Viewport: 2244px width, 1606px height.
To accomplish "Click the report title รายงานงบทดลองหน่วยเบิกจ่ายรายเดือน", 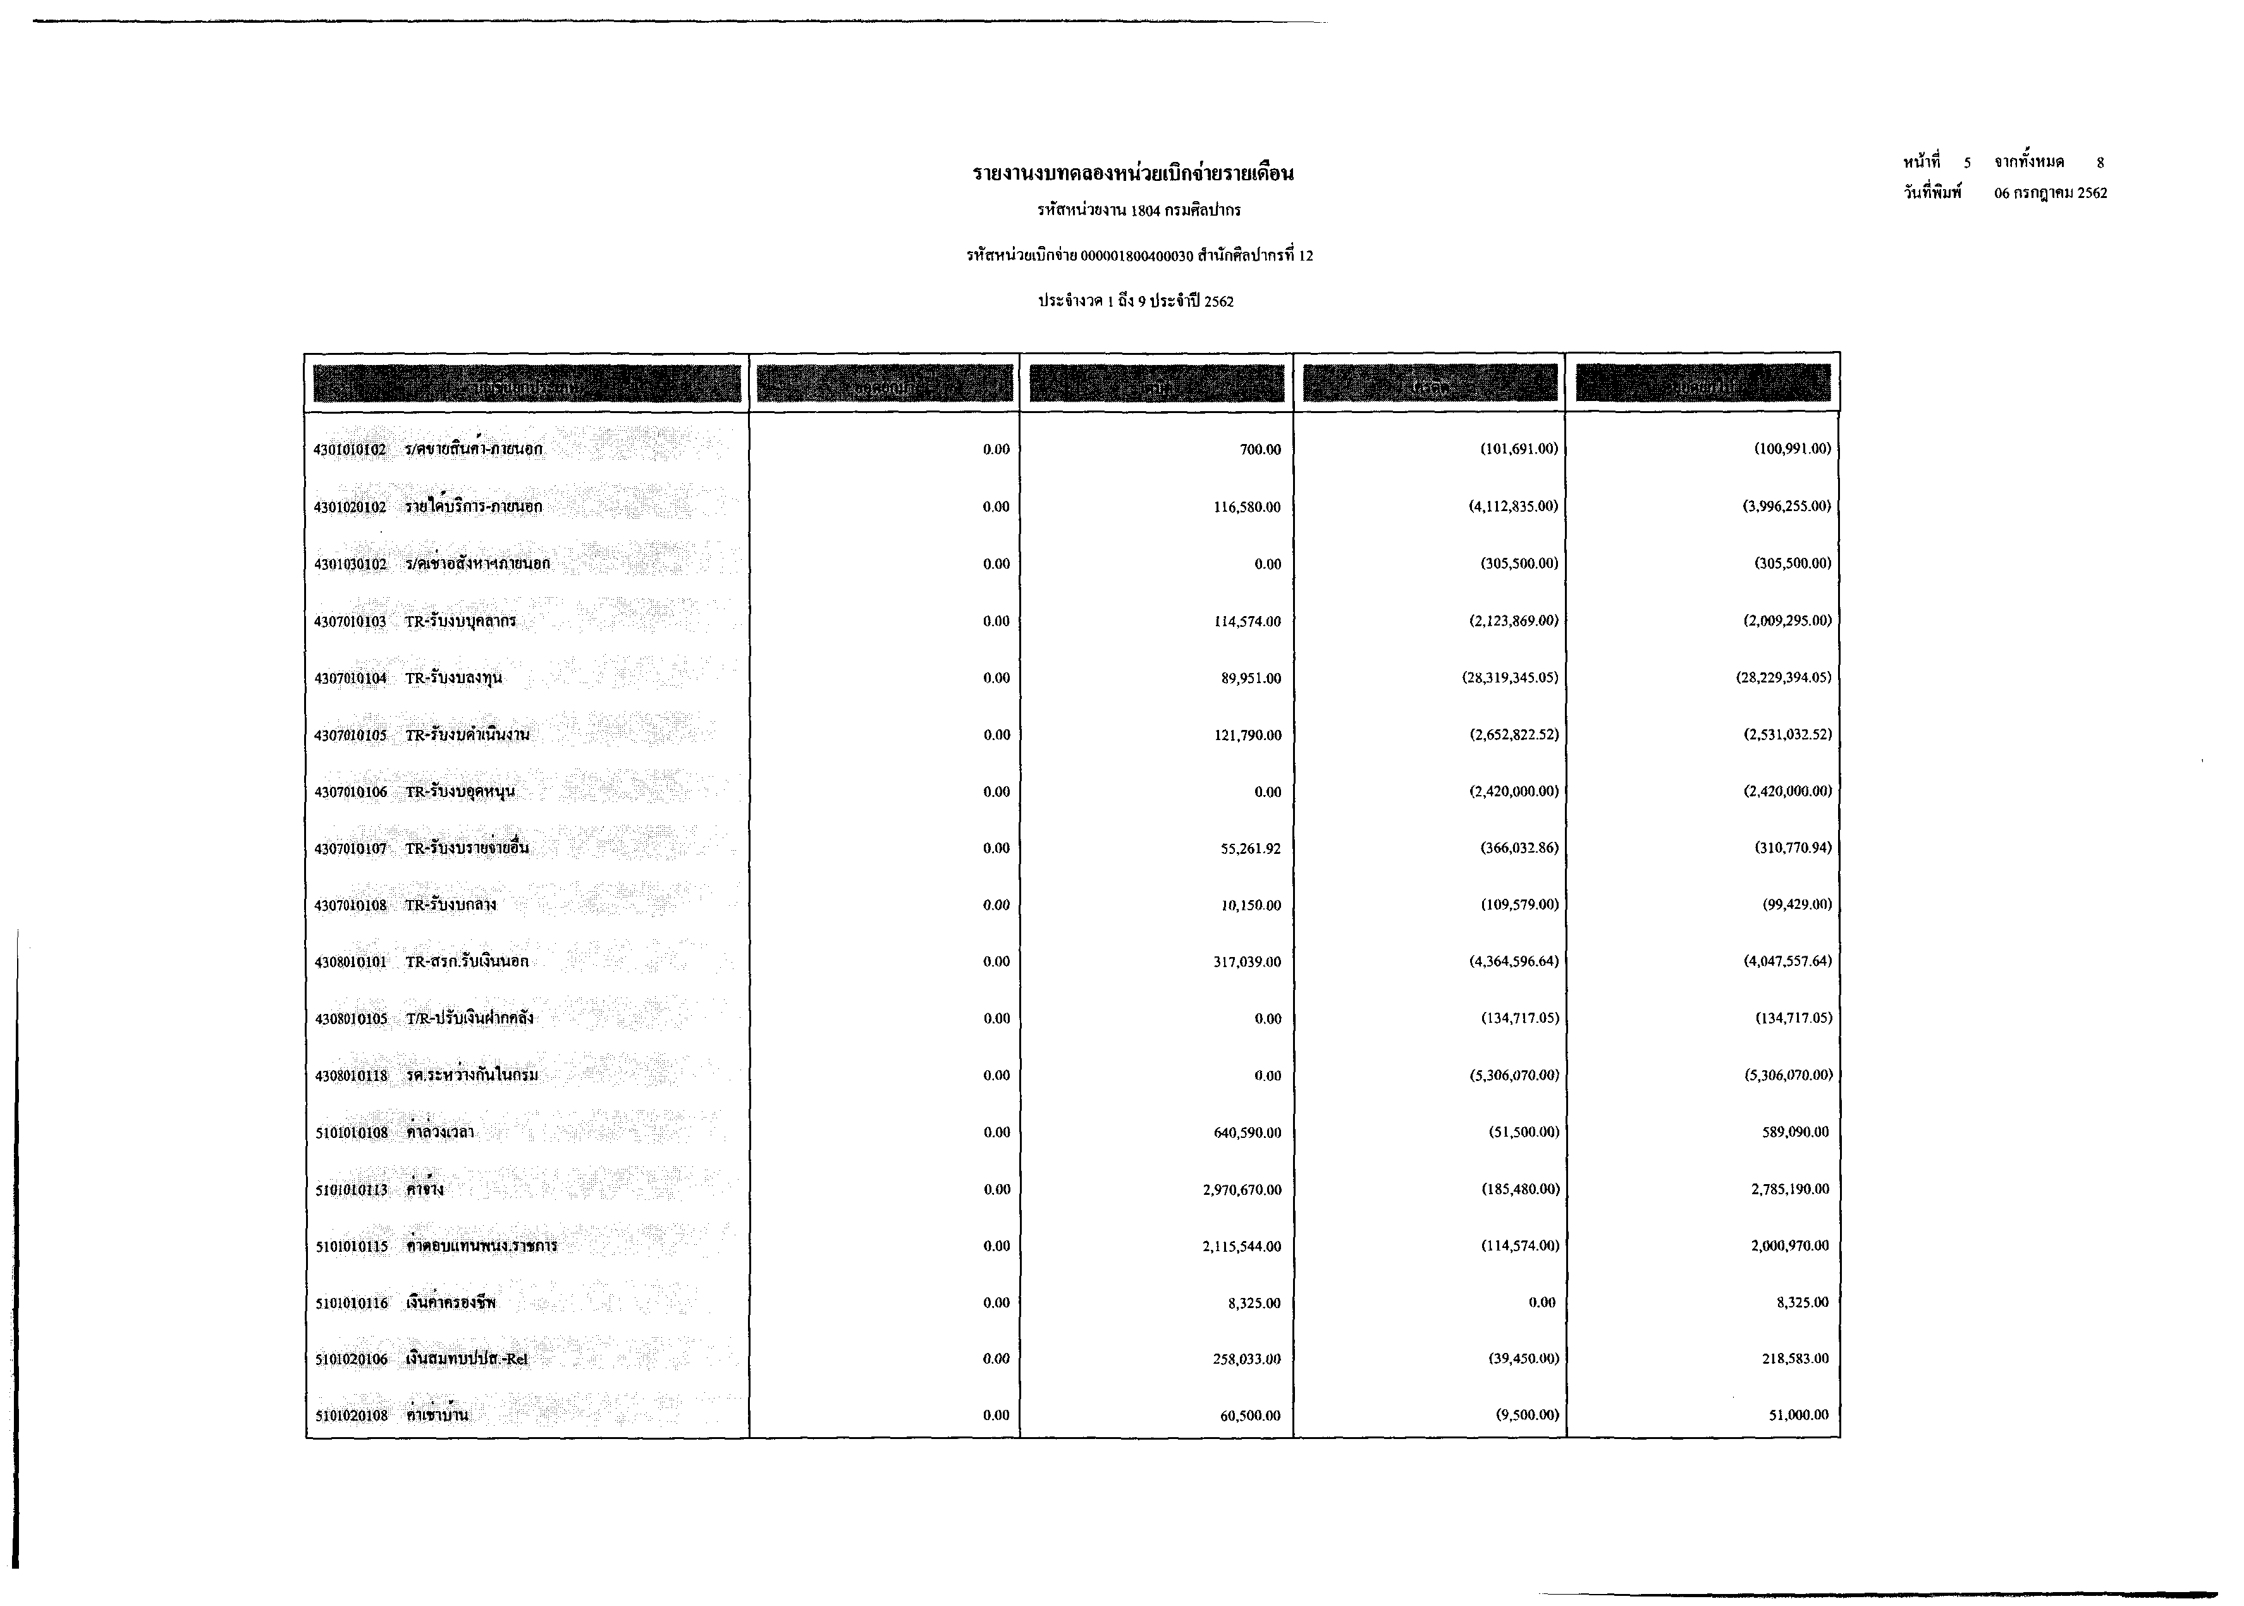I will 1133,174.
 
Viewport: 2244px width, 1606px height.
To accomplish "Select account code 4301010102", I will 350,450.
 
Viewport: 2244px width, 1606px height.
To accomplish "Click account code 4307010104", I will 350,679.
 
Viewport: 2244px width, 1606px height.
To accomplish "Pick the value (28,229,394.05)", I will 1783,677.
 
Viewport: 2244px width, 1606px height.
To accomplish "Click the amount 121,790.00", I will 1248,735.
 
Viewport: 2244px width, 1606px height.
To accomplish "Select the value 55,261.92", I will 1251,848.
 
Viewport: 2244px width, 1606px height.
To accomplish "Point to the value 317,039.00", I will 1248,961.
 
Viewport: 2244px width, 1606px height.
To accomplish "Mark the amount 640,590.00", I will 1248,1132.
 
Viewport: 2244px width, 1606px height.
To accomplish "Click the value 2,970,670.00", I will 1242,1190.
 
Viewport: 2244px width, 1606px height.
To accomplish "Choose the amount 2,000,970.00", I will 1789,1246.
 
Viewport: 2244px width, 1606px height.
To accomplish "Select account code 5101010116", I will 352,1304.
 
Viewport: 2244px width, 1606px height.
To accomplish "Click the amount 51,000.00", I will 1798,1415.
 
